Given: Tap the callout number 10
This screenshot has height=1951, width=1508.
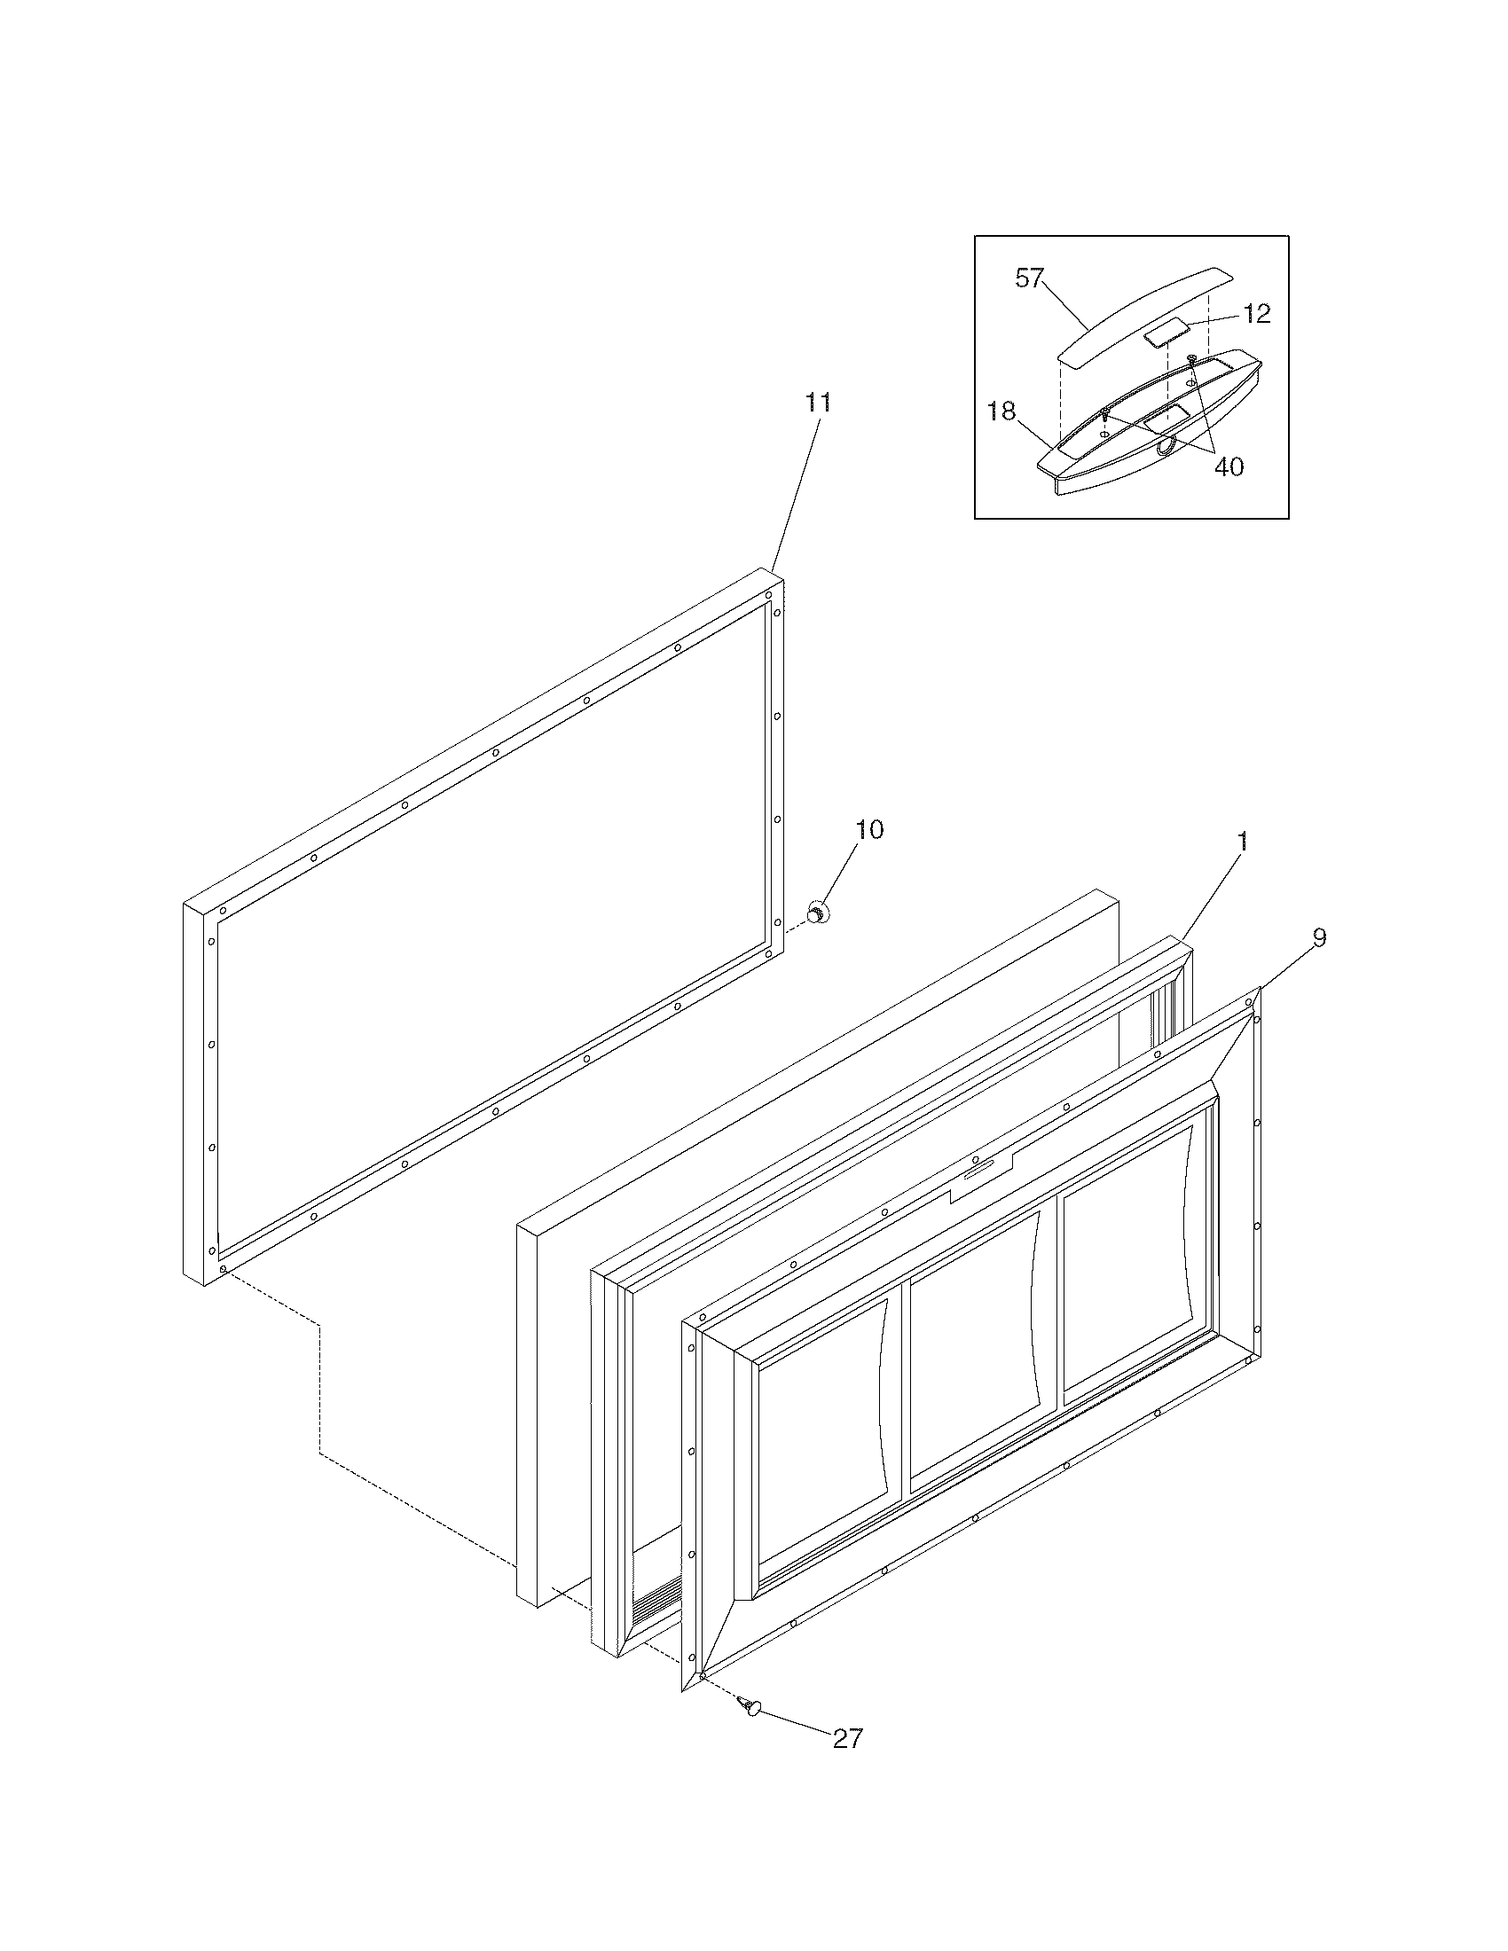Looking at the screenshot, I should pyautogui.click(x=869, y=830).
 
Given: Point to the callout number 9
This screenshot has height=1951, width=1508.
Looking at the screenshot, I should pyautogui.click(x=1318, y=937).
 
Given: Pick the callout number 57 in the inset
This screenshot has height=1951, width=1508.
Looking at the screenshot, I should pyautogui.click(x=1029, y=278).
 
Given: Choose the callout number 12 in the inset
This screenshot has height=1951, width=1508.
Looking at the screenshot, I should pyautogui.click(x=1257, y=314).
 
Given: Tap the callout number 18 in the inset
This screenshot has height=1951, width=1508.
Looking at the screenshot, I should pyautogui.click(x=1001, y=411).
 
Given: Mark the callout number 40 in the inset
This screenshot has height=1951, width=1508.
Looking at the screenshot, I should pyautogui.click(x=1229, y=466).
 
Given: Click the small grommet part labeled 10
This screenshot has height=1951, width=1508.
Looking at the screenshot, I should pyautogui.click(x=815, y=913).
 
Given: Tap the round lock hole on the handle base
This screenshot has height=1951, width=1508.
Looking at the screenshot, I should pyautogui.click(x=1166, y=449).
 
